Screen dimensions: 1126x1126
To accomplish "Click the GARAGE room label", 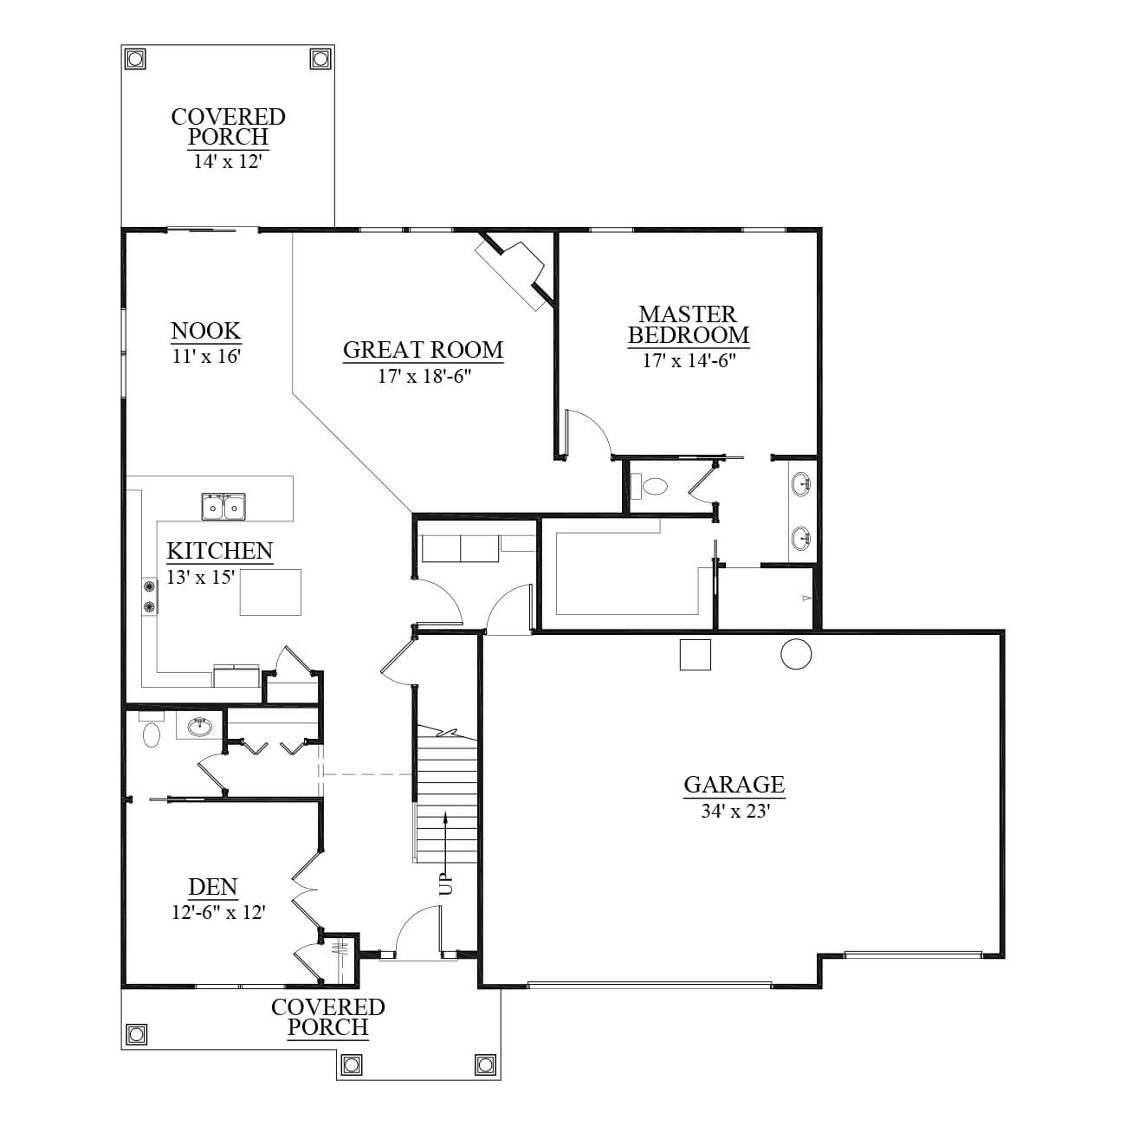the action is pyautogui.click(x=734, y=784).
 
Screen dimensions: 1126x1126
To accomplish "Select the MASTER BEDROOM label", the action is pyautogui.click(x=689, y=325).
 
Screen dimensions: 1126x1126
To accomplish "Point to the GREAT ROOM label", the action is pyautogui.click(x=423, y=349).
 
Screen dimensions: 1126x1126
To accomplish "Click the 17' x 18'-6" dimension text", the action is pyautogui.click(x=424, y=376).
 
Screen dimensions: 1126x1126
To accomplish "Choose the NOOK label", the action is pyautogui.click(x=205, y=331).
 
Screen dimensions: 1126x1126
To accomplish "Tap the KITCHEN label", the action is pyautogui.click(x=220, y=550).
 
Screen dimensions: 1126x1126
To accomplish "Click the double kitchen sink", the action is pyautogui.click(x=223, y=507).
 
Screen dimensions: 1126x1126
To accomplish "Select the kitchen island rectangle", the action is pyautogui.click(x=270, y=592).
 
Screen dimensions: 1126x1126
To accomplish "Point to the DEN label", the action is pyautogui.click(x=213, y=887).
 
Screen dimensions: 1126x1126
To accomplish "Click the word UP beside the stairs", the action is pyautogui.click(x=445, y=884).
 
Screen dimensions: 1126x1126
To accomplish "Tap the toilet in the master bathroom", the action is pyautogui.click(x=650, y=485).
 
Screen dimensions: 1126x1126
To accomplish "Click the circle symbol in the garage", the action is pyautogui.click(x=796, y=654).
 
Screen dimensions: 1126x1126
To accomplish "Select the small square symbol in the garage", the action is pyautogui.click(x=696, y=655).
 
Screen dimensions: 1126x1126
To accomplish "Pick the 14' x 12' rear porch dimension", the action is pyautogui.click(x=227, y=161).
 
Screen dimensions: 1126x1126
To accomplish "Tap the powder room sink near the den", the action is pyautogui.click(x=199, y=727).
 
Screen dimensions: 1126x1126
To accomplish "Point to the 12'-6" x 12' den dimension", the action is pyautogui.click(x=218, y=913).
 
